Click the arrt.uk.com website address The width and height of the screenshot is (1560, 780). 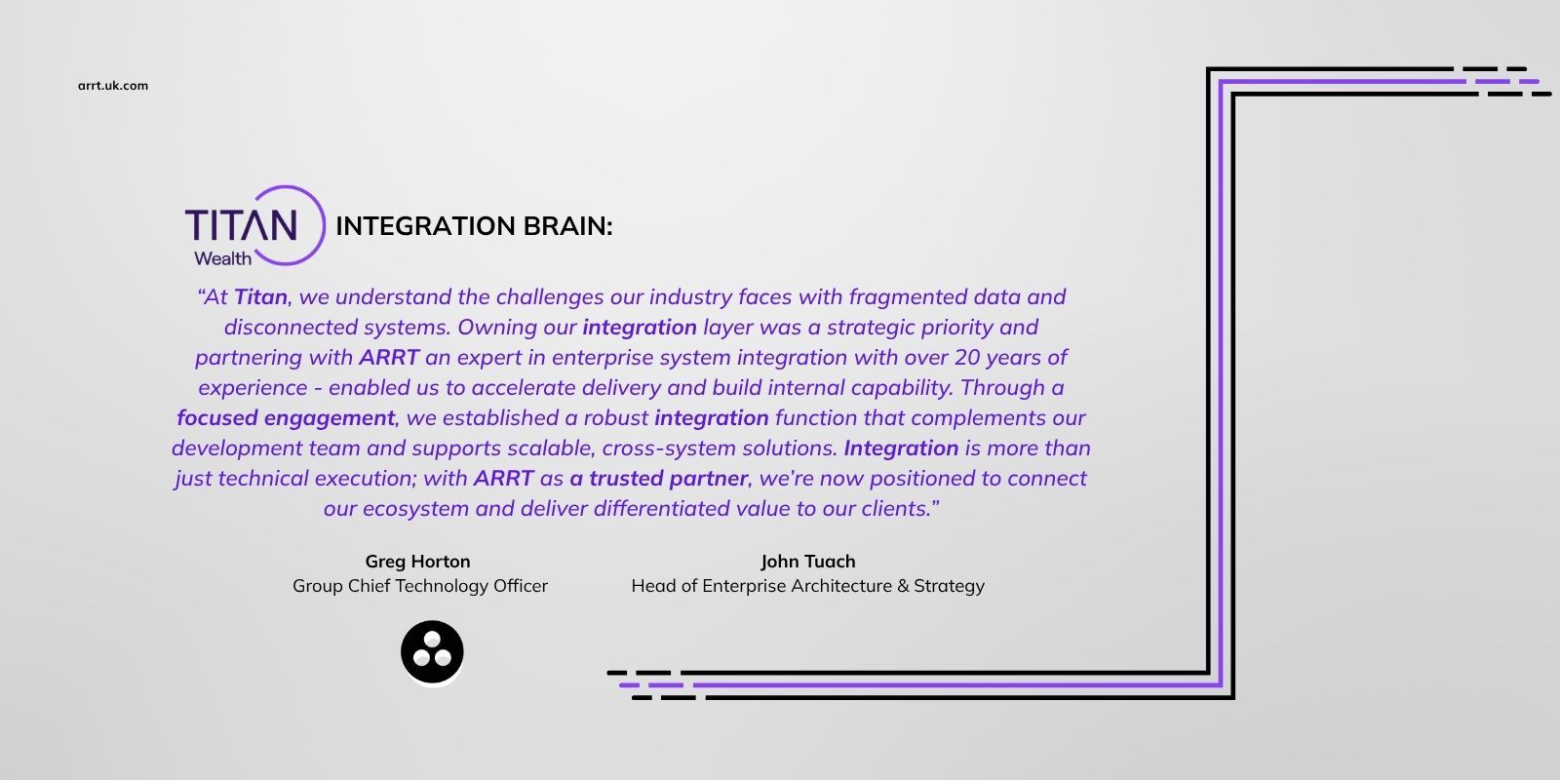point(113,86)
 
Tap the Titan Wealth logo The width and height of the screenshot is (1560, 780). point(254,225)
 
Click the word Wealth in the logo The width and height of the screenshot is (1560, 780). point(223,258)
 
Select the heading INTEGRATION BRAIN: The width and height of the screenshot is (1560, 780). point(474,225)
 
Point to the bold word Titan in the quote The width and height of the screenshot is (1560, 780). point(260,296)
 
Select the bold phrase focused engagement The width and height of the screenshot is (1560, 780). point(286,418)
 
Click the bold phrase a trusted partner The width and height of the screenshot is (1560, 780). point(659,479)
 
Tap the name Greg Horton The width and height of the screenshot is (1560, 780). point(418,562)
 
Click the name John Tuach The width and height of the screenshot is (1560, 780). point(808,562)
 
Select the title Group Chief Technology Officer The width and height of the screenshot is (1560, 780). point(420,586)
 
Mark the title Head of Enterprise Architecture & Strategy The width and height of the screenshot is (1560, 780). point(808,586)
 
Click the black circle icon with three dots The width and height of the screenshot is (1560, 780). point(432,652)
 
